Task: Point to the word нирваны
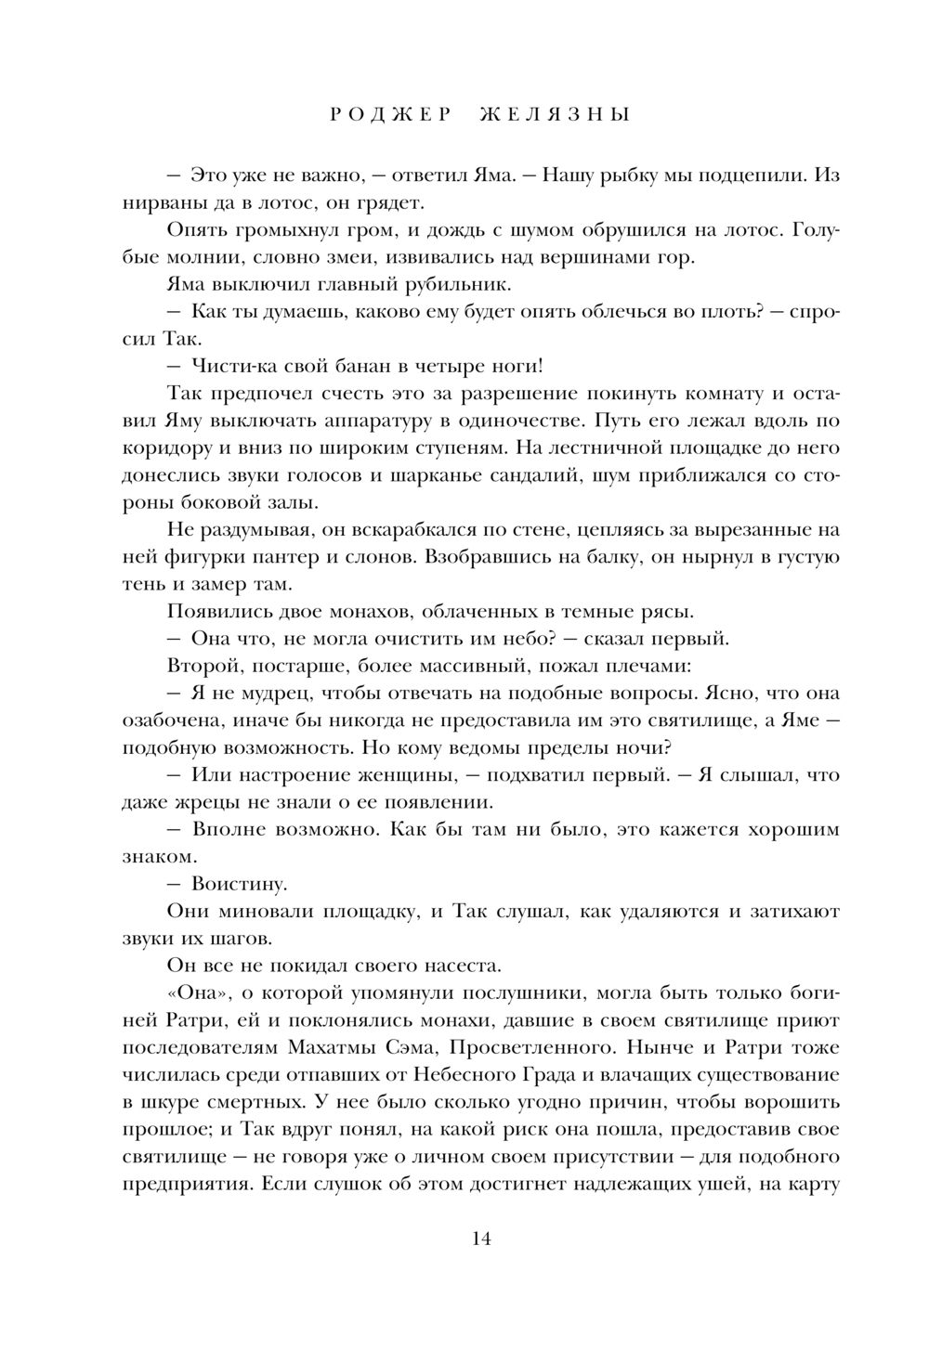[x=156, y=202]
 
